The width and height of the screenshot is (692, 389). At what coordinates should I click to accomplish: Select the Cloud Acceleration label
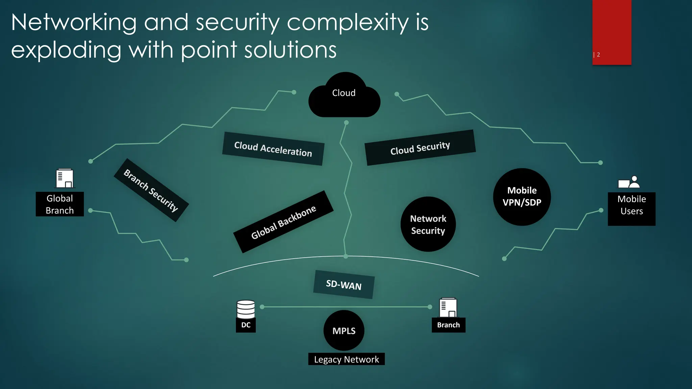point(273,149)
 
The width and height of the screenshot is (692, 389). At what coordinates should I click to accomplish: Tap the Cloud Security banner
point(420,148)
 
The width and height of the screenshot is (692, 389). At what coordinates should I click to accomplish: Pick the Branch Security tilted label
point(151,190)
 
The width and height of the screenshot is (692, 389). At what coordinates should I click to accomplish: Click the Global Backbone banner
point(283,222)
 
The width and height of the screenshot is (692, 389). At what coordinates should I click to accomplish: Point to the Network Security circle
point(428,225)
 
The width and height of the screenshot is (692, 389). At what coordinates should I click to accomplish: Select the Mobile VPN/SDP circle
point(522,197)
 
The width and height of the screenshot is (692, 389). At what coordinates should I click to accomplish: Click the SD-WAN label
point(344,285)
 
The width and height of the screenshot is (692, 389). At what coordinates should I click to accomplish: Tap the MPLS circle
point(344,331)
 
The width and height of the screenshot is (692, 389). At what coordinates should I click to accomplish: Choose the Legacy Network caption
point(346,359)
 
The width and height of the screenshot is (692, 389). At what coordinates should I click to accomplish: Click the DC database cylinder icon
point(246,309)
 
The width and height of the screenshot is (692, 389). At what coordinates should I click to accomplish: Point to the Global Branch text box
point(60,204)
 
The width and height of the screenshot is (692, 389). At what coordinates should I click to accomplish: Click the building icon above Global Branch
point(64,178)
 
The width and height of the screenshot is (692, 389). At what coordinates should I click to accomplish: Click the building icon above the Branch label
point(448,307)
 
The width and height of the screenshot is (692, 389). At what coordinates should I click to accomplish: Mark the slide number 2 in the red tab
point(598,55)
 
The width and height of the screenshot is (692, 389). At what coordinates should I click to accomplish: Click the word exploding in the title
point(66,50)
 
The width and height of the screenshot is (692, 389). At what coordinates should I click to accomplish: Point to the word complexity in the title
point(348,23)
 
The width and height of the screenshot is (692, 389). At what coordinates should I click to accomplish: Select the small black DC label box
point(246,325)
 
